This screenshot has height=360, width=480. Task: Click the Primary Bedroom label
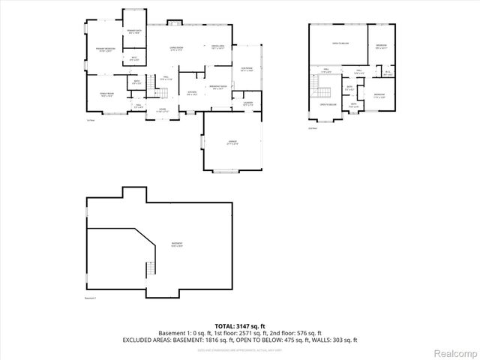tap(105, 50)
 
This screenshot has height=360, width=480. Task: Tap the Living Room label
tap(177, 49)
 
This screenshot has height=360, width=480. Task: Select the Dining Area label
tap(218, 46)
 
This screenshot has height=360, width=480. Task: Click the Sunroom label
tap(247, 70)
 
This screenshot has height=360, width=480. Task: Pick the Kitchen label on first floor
tap(193, 92)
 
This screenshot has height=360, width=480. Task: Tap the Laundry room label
tap(247, 103)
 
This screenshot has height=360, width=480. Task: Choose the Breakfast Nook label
tap(218, 87)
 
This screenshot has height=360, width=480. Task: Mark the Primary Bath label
tap(133, 31)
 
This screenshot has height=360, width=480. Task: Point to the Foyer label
tap(161, 109)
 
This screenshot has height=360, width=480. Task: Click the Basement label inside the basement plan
tap(176, 244)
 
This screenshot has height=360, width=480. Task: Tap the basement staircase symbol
tap(148, 269)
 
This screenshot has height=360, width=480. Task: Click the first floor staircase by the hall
tap(159, 92)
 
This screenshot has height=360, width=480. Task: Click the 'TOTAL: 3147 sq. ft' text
tap(239, 325)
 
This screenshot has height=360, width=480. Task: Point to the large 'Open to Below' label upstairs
tap(340, 43)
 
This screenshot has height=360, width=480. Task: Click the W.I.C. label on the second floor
tap(388, 73)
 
